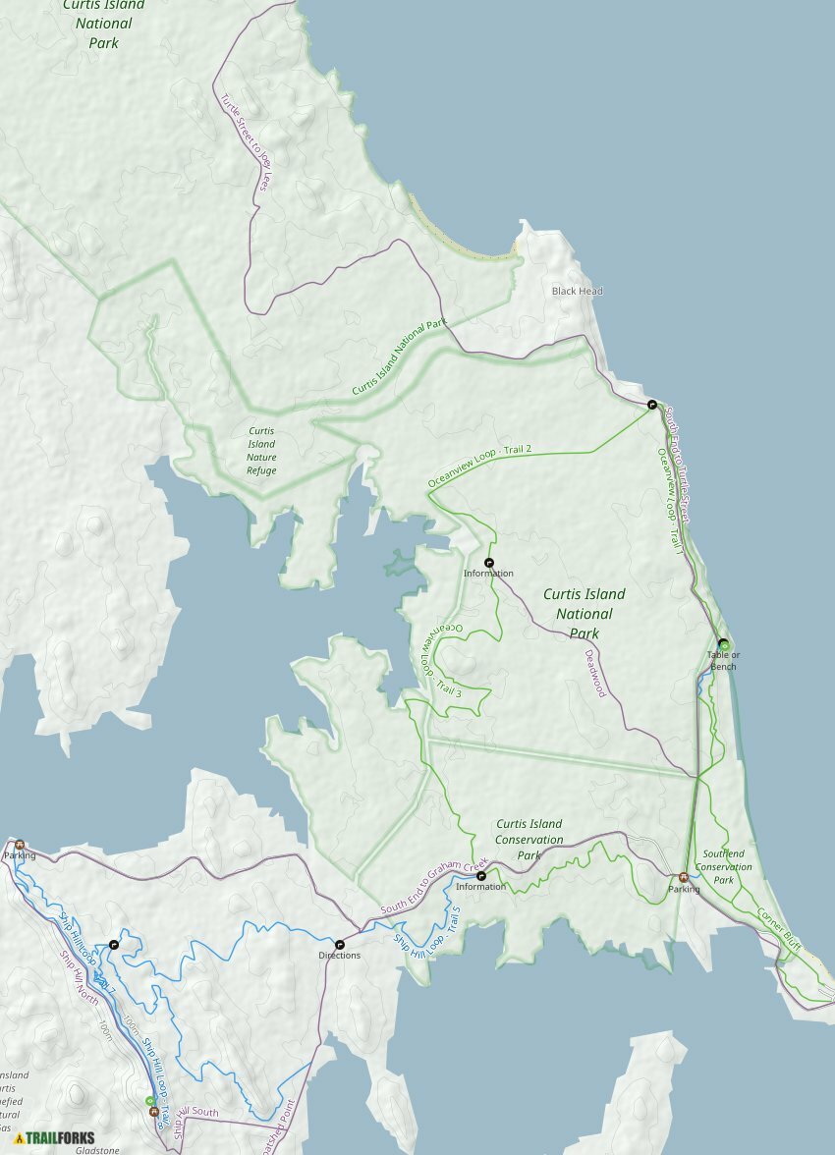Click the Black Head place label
pos(577,292)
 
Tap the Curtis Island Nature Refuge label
pos(261,451)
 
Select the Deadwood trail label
pos(595,673)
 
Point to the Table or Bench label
pos(723,661)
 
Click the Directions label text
pos(339,956)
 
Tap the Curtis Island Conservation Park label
pos(529,840)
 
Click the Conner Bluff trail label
pos(779,929)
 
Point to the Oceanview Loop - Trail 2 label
pos(480,463)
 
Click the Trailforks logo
pos(54,1138)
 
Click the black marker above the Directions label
pos(340,944)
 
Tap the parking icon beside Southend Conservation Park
pos(684,877)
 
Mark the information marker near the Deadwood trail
pos(489,563)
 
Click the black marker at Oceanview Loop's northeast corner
pos(651,404)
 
